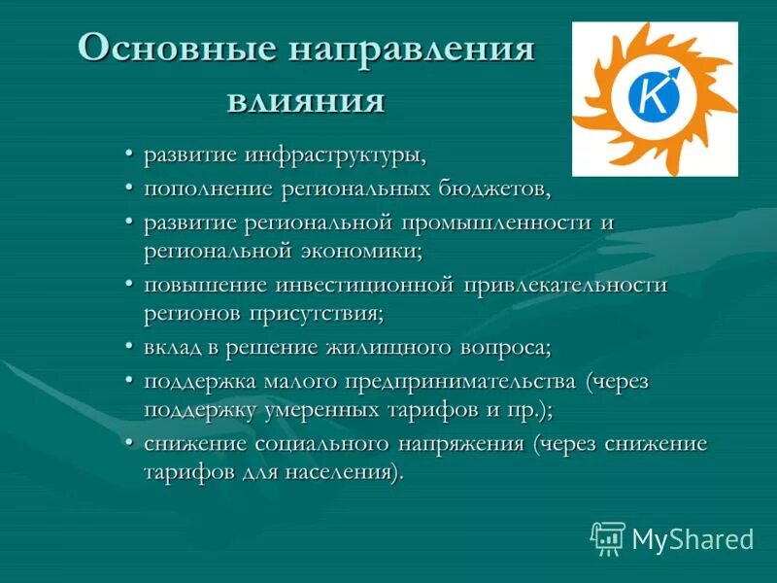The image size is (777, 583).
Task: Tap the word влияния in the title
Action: [x=306, y=99]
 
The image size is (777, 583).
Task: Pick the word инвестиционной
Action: [x=364, y=285]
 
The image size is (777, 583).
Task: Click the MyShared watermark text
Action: [x=693, y=538]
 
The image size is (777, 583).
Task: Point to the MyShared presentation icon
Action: [x=607, y=537]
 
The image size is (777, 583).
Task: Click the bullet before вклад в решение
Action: [x=130, y=347]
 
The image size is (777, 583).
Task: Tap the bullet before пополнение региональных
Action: [x=130, y=186]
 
